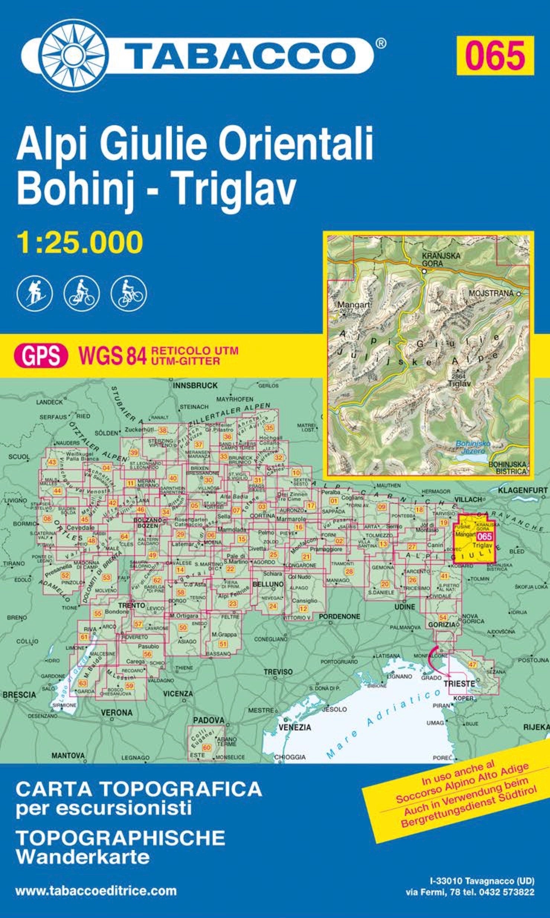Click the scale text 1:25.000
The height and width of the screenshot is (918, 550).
[x=79, y=242]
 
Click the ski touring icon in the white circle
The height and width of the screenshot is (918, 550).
[x=35, y=293]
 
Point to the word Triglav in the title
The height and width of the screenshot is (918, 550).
[x=235, y=188]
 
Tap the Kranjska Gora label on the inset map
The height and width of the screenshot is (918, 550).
[x=441, y=259]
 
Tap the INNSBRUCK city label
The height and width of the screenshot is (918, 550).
[x=195, y=386]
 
